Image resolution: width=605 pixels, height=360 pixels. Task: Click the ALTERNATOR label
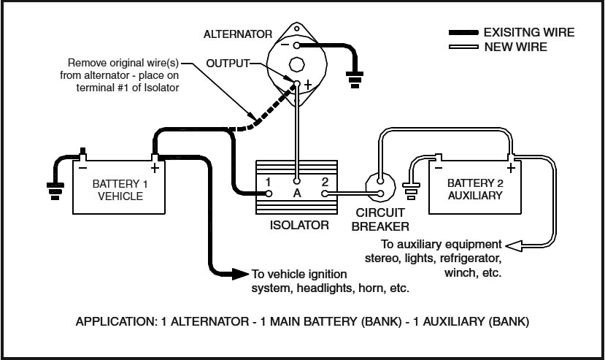coord(238,34)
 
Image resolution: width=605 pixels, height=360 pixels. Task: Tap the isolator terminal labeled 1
coord(269,194)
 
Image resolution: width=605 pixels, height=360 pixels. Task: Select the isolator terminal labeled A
coord(296,181)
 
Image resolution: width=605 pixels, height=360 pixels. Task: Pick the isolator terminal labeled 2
coord(325,194)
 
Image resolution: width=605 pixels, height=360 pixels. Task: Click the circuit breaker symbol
coord(380,187)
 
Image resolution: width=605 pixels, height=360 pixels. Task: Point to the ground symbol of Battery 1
coord(55,191)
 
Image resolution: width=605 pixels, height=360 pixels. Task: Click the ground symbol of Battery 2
coord(411,191)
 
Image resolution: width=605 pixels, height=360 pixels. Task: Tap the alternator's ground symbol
coord(355,80)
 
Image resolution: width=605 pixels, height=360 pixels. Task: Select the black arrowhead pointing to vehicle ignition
coord(240,274)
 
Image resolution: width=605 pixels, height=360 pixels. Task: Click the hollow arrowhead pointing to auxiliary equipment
coord(514,245)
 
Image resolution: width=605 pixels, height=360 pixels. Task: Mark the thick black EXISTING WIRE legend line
coord(463,33)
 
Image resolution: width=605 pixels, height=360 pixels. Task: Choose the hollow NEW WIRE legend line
coord(463,47)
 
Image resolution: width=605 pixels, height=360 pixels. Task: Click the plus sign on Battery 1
coord(155,169)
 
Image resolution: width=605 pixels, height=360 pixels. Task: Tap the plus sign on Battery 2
coord(511,168)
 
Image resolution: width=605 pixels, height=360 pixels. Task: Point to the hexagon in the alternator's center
coord(297,64)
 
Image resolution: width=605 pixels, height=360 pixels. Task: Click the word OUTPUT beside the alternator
coord(228,64)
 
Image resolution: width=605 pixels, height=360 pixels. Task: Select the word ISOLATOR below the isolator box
coord(299,225)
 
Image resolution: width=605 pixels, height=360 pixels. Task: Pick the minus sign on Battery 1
coord(83,168)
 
